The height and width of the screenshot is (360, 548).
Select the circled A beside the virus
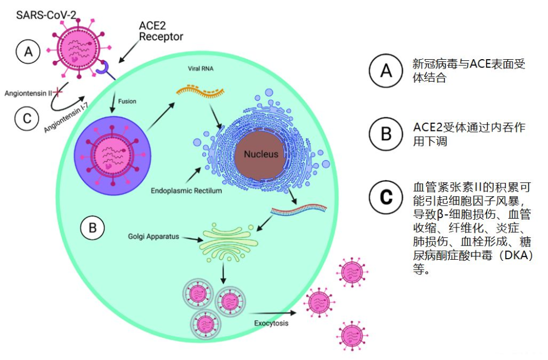tap(28, 52)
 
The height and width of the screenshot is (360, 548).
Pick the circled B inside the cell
tap(92, 227)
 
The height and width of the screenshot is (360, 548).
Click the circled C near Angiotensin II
tap(26, 118)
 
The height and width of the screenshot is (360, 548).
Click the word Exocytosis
tap(271, 323)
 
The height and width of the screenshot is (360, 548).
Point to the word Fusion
tap(127, 101)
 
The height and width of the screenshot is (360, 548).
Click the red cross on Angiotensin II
tap(57, 92)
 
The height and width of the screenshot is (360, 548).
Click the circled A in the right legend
tap(387, 71)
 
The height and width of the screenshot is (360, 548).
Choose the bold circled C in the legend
tap(387, 197)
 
